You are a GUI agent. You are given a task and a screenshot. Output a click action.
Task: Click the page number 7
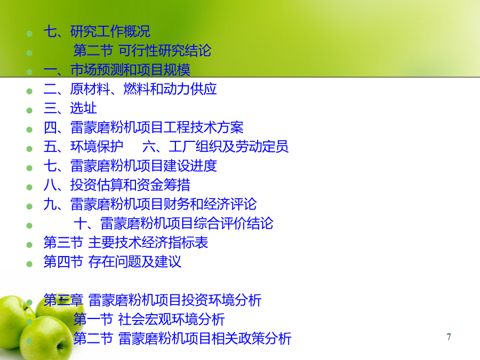[x=449, y=337]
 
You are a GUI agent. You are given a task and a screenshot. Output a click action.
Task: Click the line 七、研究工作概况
[x=97, y=31]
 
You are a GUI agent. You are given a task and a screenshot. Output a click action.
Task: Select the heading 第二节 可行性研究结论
[x=142, y=51]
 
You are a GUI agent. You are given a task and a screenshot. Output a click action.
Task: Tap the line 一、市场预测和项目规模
[x=117, y=70]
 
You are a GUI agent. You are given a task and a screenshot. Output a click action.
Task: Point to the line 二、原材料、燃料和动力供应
[x=130, y=89]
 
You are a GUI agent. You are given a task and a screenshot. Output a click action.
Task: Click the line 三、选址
[x=70, y=108]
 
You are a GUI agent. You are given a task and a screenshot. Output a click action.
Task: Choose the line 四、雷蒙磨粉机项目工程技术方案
[x=143, y=127]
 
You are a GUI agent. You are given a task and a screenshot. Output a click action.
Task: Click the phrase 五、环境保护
[x=84, y=147]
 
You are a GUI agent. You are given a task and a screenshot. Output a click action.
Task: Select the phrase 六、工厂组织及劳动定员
[x=215, y=147]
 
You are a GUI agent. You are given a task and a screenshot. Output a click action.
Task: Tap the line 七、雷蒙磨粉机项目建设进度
[x=131, y=166]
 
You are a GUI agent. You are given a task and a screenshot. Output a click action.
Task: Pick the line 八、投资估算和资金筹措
[x=117, y=185]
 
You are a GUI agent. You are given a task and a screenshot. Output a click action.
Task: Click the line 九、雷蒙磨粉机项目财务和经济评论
[x=150, y=204]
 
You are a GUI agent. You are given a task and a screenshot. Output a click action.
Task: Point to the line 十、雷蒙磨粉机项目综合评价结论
[x=173, y=223]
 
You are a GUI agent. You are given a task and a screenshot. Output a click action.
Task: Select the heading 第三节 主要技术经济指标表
[x=126, y=243]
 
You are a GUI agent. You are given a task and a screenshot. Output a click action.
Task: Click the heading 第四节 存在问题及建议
[x=113, y=262]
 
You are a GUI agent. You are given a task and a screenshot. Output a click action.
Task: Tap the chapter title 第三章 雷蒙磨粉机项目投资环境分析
[x=153, y=300]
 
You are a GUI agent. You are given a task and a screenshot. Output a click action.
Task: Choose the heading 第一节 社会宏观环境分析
[x=149, y=319]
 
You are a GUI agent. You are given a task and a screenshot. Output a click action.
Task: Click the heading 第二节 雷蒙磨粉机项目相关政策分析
[x=182, y=339]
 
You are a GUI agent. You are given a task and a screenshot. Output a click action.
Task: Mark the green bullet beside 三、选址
[x=29, y=110]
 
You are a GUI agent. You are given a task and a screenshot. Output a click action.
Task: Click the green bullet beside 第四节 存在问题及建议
[x=29, y=264]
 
